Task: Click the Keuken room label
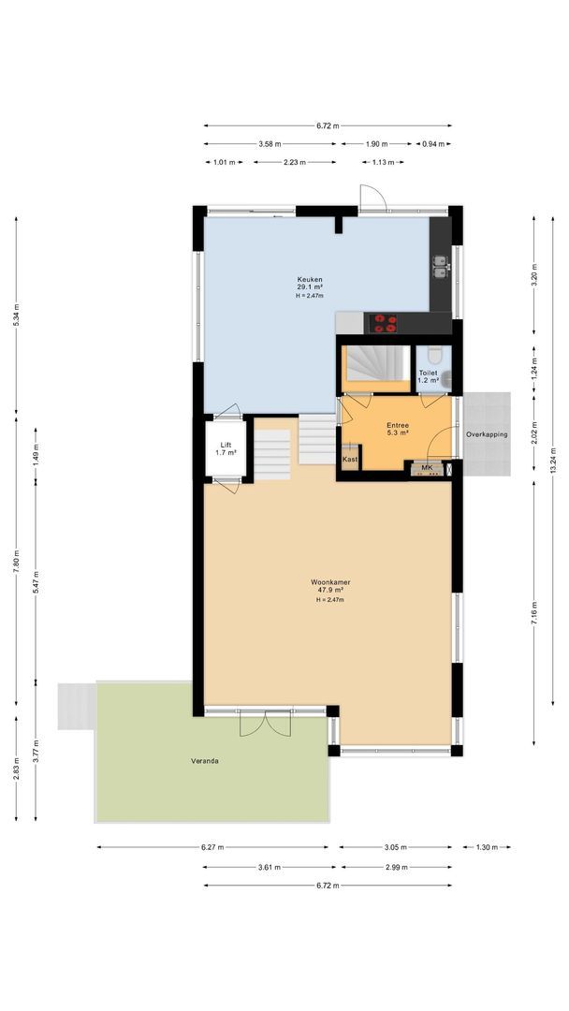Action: (310, 280)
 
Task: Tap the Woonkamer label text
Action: (331, 582)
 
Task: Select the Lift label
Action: (226, 445)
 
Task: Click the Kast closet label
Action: (350, 460)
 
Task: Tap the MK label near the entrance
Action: (427, 467)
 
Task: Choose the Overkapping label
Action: (487, 434)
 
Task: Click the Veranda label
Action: (205, 761)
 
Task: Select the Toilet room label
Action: (428, 373)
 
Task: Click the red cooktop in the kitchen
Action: (385, 323)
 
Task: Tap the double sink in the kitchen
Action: (440, 270)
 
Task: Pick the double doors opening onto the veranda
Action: (266, 723)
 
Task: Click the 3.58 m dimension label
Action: (271, 144)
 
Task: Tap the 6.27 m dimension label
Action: (212, 848)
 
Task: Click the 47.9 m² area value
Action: (331, 592)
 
